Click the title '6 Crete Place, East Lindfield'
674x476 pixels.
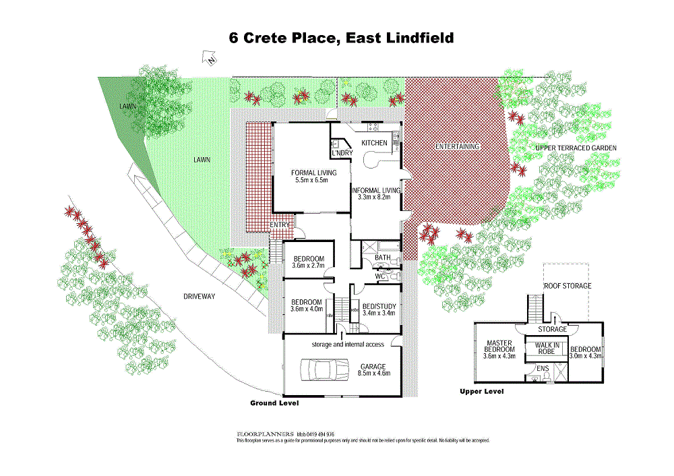tap(341, 38)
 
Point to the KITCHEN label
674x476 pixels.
tap(374, 143)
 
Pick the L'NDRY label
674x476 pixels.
tap(341, 152)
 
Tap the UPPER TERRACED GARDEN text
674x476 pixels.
tap(576, 147)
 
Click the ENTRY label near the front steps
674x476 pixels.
tap(280, 225)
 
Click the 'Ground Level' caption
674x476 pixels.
tap(274, 403)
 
